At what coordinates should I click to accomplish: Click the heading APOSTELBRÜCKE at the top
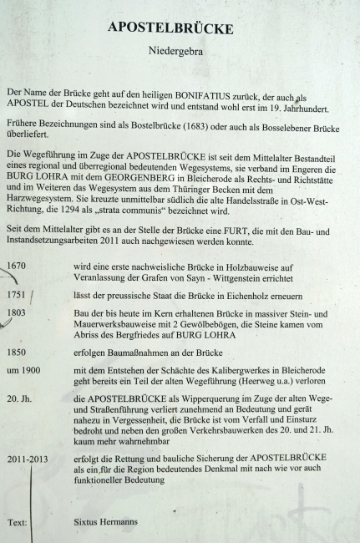pos(180,28)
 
